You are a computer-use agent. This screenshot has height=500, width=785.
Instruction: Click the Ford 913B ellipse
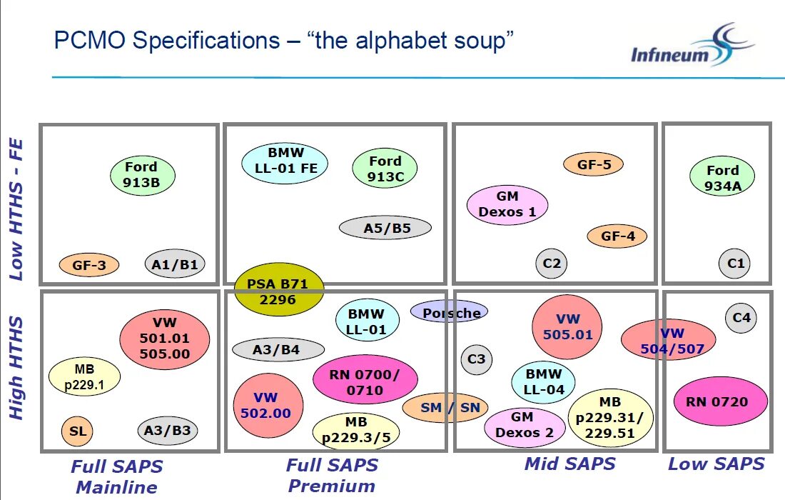[x=143, y=175]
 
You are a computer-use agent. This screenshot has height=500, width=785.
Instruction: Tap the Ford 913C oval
[x=385, y=169]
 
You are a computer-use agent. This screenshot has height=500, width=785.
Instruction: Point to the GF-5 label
[x=594, y=164]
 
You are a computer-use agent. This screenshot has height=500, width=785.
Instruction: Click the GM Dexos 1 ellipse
[x=507, y=204]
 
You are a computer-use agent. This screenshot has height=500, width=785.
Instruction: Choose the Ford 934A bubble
[x=722, y=178]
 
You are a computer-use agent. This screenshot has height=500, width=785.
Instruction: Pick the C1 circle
[x=735, y=264]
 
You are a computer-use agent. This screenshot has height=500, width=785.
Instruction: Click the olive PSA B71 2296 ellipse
[x=279, y=290]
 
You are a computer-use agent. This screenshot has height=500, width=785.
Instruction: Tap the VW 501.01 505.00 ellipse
[x=165, y=338]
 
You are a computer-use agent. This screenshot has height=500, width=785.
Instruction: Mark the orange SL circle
[x=77, y=431]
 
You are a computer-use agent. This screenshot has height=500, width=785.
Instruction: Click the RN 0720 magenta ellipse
[x=720, y=401]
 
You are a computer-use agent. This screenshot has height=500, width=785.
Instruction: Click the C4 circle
[x=741, y=317]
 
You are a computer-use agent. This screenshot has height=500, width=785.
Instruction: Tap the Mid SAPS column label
[x=569, y=464]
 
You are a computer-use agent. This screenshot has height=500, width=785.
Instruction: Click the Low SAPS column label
[x=716, y=464]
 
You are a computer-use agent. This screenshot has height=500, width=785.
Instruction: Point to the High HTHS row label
[x=16, y=369]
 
